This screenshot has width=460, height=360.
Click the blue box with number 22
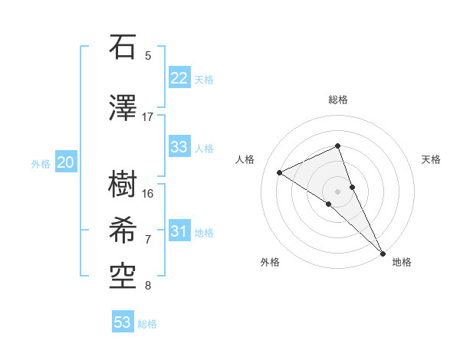(179, 78)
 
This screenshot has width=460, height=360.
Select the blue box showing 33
(179, 147)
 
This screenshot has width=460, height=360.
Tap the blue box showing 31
(179, 231)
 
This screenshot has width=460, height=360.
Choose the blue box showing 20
(65, 162)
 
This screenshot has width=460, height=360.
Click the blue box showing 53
(122, 322)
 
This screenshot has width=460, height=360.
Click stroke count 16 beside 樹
(148, 193)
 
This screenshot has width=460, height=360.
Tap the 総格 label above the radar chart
(337, 100)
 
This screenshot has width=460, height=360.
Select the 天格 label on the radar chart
(431, 159)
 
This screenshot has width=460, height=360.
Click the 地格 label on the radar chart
(402, 262)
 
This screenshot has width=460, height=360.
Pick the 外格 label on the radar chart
(270, 262)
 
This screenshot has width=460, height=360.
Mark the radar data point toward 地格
(383, 252)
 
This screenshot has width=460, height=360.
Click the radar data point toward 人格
(280, 172)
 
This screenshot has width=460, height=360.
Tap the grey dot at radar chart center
(337, 191)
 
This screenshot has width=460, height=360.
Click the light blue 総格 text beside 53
(147, 324)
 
